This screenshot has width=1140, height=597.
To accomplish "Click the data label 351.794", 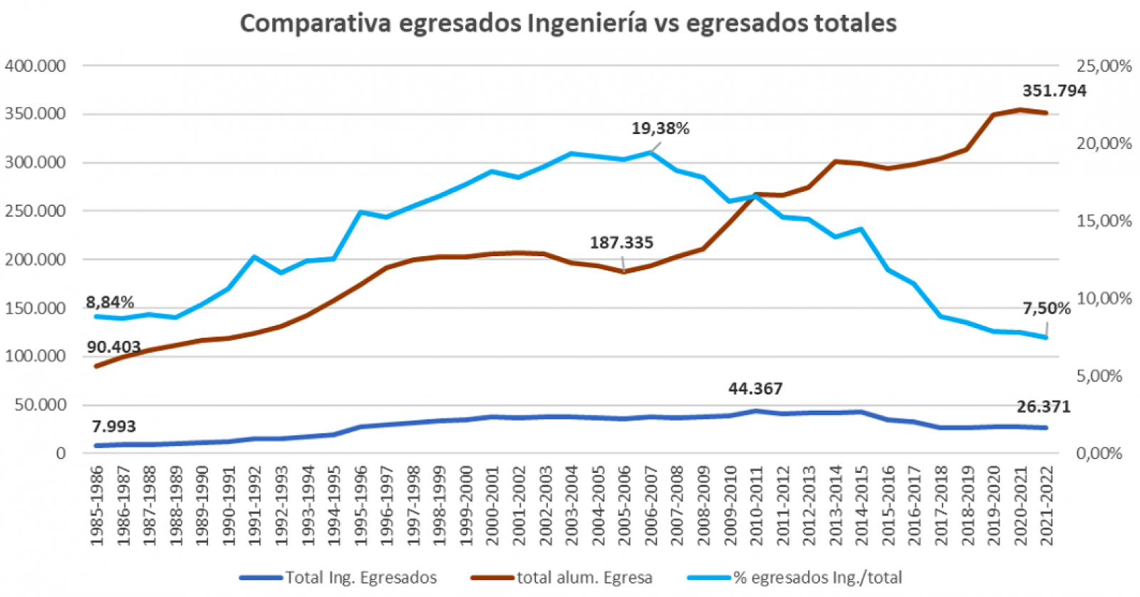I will tap(1054, 91).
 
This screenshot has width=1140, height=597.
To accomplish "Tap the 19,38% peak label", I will tap(660, 128).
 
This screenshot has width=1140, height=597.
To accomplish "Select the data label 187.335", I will tap(621, 243).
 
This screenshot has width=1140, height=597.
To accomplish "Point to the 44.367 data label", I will tap(755, 389).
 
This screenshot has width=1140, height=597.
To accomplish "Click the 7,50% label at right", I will tap(1046, 308).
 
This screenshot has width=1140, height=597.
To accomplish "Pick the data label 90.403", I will tap(114, 347).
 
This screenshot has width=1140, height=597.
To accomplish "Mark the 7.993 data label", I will tap(114, 427).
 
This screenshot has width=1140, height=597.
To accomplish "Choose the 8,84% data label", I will tap(110, 302).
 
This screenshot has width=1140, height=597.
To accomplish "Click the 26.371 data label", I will tap(1043, 407).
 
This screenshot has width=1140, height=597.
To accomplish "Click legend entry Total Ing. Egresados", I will tap(361, 578).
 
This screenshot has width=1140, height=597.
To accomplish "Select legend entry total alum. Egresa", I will tap(584, 578).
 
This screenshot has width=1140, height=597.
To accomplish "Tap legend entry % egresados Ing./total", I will tap(817, 578).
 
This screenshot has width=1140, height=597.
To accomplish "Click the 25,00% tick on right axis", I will tap(1104, 66).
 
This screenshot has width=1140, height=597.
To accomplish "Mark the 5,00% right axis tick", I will tap(1099, 376).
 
